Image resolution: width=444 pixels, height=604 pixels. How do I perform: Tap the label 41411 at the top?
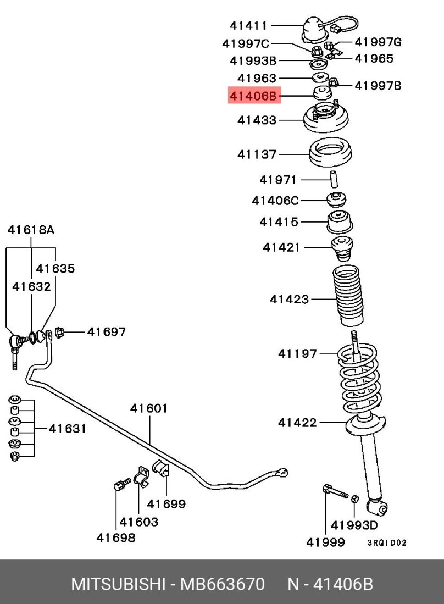pyautogui.click(x=248, y=25)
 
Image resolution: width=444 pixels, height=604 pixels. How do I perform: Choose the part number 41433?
pyautogui.click(x=257, y=120)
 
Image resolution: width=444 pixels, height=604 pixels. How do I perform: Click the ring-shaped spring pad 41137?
pyautogui.click(x=331, y=155)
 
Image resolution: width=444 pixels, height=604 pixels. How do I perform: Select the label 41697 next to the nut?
pyautogui.click(x=107, y=331)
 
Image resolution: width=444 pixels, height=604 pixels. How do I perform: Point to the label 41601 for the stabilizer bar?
pyautogui.click(x=149, y=408)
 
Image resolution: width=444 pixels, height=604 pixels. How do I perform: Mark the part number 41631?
pyautogui.click(x=67, y=428)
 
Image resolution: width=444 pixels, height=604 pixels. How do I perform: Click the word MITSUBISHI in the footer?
pyautogui.click(x=119, y=584)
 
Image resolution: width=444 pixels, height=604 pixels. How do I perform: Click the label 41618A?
pyautogui.click(x=31, y=230)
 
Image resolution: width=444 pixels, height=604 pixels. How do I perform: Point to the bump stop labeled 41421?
pyautogui.click(x=341, y=249)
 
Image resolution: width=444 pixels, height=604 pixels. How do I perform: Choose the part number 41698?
pyautogui.click(x=116, y=537)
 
